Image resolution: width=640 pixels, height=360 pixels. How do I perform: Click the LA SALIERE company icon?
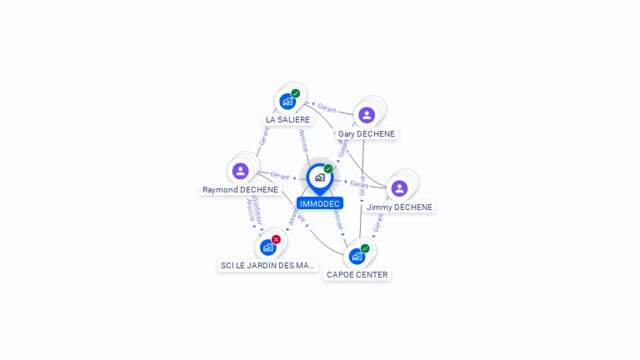[287, 102]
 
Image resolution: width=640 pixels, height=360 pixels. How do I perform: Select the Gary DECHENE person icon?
[367, 115]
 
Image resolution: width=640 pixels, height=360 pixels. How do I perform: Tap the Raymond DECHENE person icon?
[241, 171]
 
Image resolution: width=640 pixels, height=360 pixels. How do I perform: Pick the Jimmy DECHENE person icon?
[399, 188]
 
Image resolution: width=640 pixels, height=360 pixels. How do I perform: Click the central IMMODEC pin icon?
[319, 177]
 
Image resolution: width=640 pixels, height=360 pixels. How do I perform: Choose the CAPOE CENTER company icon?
[357, 256]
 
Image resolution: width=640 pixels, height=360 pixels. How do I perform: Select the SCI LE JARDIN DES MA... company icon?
[267, 247]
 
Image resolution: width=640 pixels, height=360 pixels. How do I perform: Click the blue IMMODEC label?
[320, 203]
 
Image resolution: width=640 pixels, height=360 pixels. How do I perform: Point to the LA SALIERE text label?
[287, 119]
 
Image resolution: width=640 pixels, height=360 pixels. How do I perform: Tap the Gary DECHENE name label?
[367, 133]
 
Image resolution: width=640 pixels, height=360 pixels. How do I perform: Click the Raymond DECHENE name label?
[241, 189]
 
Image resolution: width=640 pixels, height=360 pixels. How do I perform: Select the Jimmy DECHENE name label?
[400, 207]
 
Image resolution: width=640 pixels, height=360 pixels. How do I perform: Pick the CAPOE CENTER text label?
[357, 274]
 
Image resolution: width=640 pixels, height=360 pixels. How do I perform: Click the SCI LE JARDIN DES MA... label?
[268, 265]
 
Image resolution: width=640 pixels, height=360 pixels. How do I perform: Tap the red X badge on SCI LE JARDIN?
[276, 239]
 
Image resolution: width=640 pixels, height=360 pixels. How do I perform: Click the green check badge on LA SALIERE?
[296, 93]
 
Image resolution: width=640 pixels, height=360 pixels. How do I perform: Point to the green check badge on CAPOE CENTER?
[365, 248]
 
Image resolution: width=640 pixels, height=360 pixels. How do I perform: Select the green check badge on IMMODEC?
[328, 168]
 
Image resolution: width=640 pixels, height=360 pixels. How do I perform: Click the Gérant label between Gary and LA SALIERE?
[326, 107]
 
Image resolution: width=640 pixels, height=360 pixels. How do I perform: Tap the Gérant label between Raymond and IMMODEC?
[280, 176]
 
